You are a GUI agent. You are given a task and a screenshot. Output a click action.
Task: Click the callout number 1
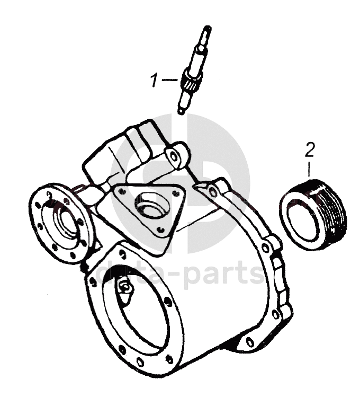154,81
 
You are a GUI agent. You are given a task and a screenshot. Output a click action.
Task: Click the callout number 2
310,150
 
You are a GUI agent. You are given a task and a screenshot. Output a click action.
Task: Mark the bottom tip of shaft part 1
181,111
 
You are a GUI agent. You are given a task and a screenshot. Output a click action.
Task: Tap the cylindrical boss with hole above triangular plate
176,154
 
